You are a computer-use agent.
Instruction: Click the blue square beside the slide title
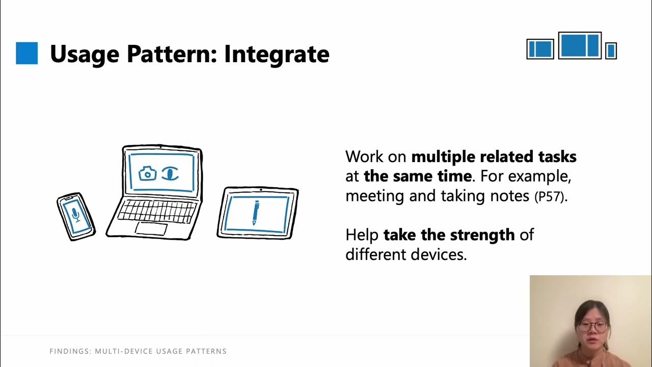[27, 53]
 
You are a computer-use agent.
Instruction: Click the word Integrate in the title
[277, 54]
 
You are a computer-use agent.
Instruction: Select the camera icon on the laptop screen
[148, 173]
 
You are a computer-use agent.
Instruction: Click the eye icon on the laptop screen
[171, 173]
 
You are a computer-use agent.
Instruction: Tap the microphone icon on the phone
[76, 215]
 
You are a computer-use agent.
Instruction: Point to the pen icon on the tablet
[256, 213]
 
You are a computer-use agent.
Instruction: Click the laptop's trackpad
[151, 228]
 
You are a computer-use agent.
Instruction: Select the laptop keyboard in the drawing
[156, 210]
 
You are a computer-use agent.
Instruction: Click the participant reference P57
[549, 197]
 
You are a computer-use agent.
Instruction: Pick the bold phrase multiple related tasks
[494, 156]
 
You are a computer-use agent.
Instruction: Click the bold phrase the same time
[417, 176]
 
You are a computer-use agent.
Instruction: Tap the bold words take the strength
[449, 235]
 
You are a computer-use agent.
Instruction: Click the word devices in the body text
[439, 254]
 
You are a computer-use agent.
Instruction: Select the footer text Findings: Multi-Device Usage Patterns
[138, 351]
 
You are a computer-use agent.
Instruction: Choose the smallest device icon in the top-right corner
[611, 50]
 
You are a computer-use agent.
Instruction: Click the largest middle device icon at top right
[580, 45]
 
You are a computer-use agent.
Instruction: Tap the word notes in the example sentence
[510, 196]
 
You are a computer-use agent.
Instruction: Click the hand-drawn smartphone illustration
[76, 216]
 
